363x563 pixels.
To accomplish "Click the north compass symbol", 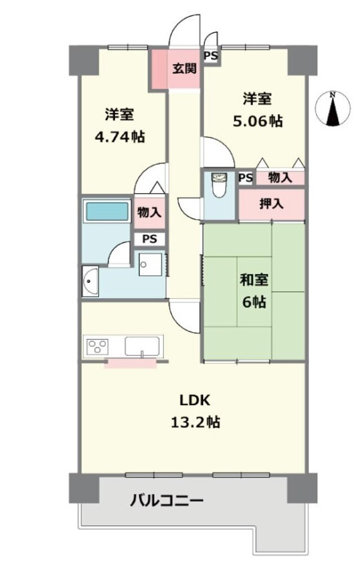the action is pyautogui.click(x=333, y=109).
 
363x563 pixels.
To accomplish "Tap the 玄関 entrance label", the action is pyautogui.click(x=185, y=68).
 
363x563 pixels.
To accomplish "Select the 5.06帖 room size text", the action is pyautogui.click(x=258, y=121).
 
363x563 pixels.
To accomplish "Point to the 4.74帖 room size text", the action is pyautogui.click(x=119, y=136).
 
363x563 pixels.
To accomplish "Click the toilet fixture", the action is pyautogui.click(x=219, y=185).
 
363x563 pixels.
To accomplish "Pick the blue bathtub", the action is pyautogui.click(x=107, y=212).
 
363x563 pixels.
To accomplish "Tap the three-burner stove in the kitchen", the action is pyautogui.click(x=98, y=346).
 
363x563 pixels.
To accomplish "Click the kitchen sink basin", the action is pyautogui.click(x=142, y=346).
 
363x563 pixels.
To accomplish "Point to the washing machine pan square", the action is pyautogui.click(x=150, y=264).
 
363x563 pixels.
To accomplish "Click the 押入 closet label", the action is pyautogui.click(x=271, y=204).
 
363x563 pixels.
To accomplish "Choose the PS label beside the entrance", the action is pyautogui.click(x=211, y=56).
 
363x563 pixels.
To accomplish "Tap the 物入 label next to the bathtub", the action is pyautogui.click(x=149, y=212).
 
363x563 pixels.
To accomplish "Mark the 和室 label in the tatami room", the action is pyautogui.click(x=254, y=280).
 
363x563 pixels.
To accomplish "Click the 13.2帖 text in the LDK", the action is pyautogui.click(x=195, y=422).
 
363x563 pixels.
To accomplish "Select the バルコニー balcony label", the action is pyautogui.click(x=167, y=500).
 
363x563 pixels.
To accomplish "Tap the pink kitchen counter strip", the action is pyautogui.click(x=131, y=363).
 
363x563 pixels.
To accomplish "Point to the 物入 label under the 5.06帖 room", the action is pyautogui.click(x=280, y=177).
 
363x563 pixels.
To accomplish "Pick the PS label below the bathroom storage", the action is pyautogui.click(x=150, y=239).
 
